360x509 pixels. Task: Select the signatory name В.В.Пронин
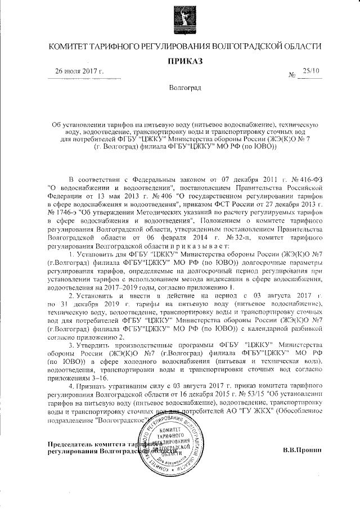coord(301,449)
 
